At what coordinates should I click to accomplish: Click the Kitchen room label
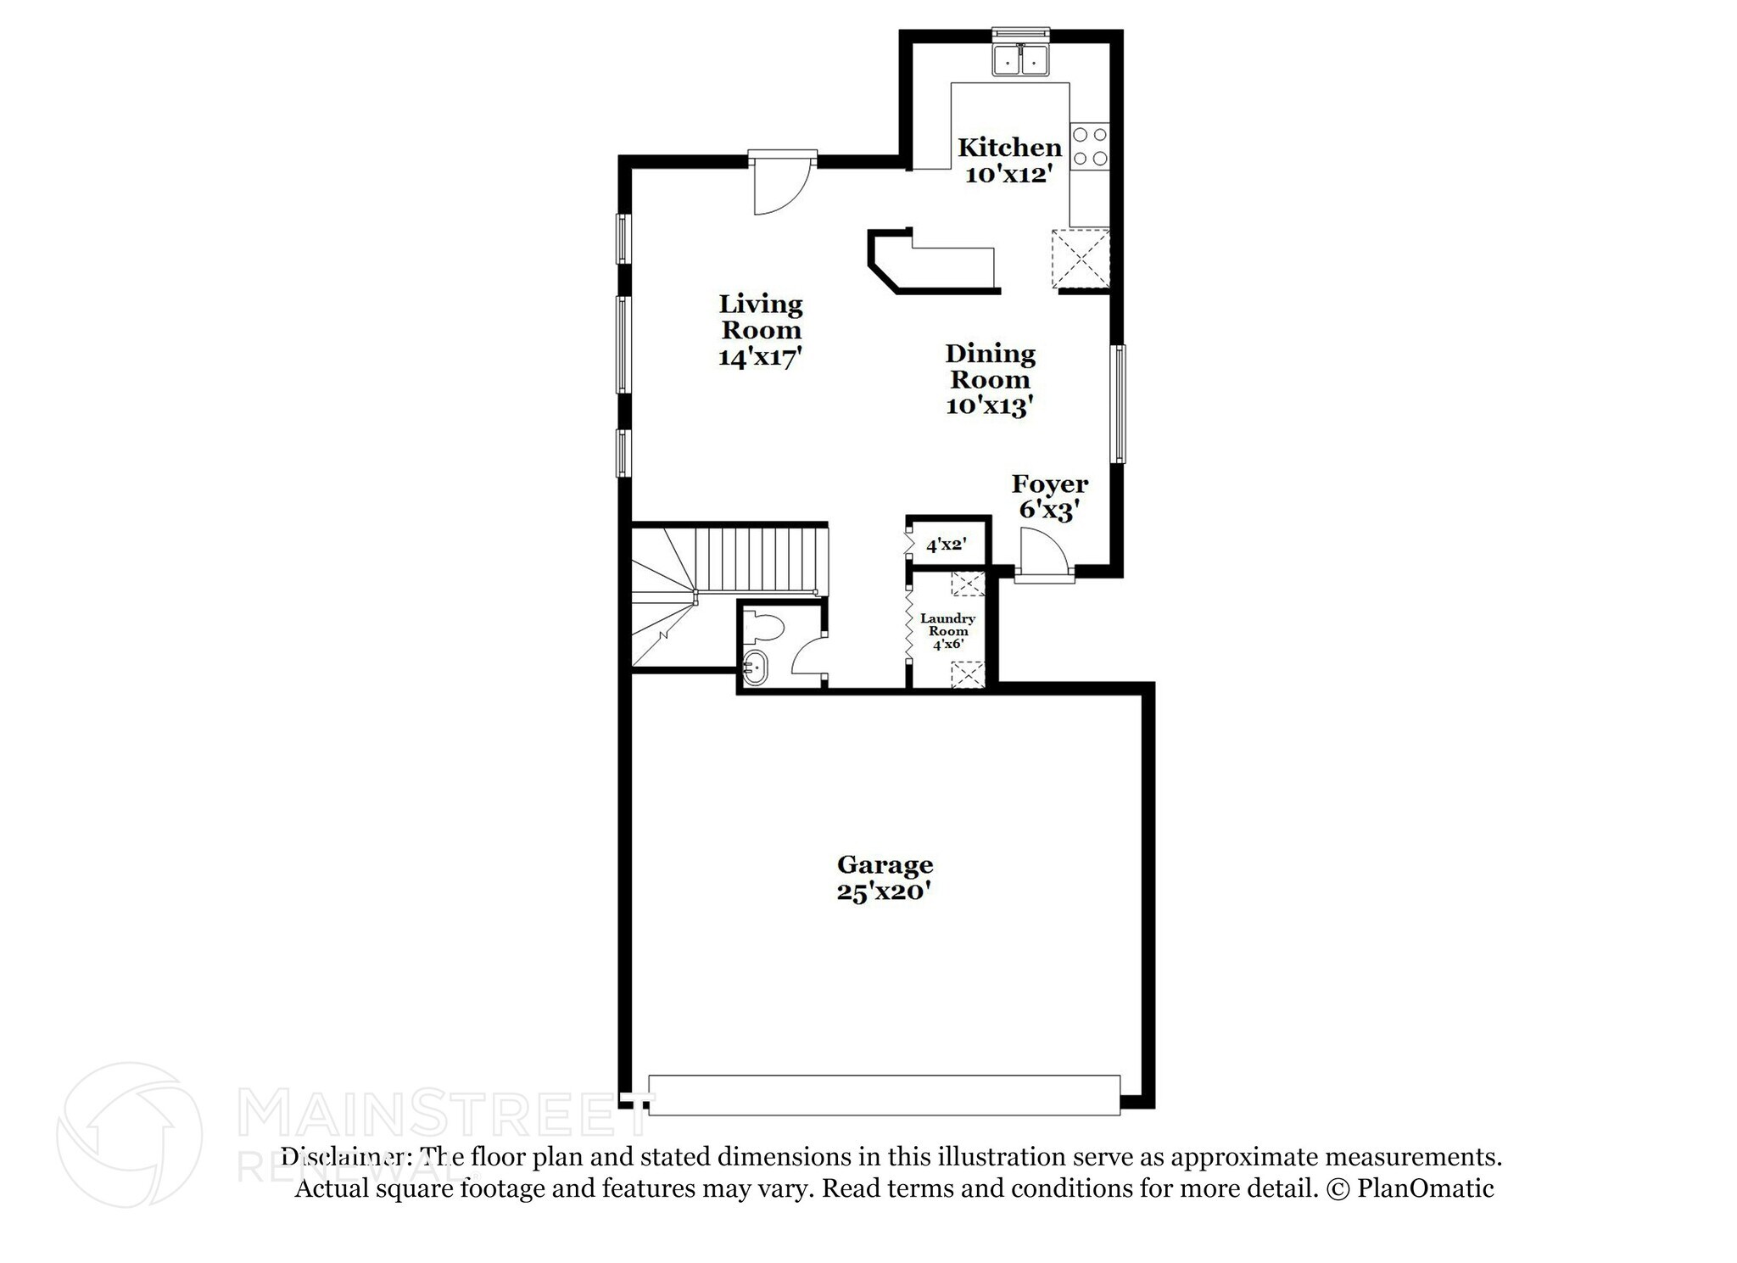(1009, 148)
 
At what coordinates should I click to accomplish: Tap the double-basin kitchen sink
(1021, 61)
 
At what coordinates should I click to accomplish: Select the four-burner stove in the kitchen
(1089, 146)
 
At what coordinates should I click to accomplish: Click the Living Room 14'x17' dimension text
(760, 358)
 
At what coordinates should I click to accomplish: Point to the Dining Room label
(990, 366)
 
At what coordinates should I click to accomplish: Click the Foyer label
(1049, 484)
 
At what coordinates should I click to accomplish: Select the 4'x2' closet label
(946, 545)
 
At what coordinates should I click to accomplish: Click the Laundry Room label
(947, 625)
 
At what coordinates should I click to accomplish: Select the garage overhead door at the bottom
(884, 1095)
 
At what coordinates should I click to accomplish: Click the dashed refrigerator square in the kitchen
(1081, 259)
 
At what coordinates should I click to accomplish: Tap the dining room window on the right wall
(1120, 404)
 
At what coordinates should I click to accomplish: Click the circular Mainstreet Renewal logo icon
(130, 1135)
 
